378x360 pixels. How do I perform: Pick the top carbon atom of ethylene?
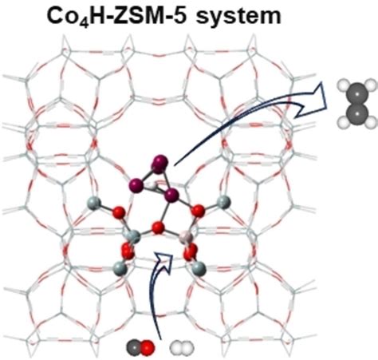click(x=356, y=94)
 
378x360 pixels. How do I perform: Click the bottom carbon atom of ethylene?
click(x=356, y=114)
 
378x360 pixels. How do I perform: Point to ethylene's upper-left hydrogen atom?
click(x=343, y=85)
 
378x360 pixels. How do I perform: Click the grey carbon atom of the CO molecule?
click(x=133, y=347)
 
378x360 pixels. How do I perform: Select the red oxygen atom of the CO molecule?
click(x=147, y=347)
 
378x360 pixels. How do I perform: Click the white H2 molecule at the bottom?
click(x=182, y=348)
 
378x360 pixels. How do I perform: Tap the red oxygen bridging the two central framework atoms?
click(x=158, y=228)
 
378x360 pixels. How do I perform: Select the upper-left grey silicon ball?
click(x=94, y=204)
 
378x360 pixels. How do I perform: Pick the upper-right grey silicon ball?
click(x=223, y=203)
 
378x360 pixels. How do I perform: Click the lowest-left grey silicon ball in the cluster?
click(x=120, y=268)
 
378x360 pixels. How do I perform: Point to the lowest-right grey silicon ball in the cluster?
click(x=199, y=268)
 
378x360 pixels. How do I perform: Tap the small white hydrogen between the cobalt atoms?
click(x=152, y=184)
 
